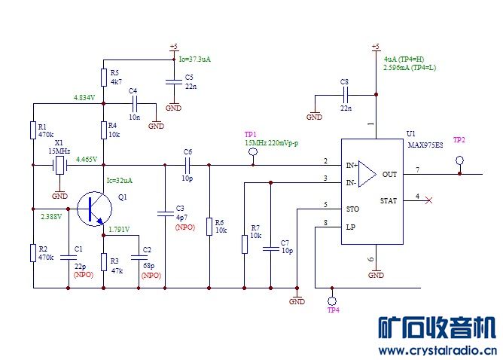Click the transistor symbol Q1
[93, 209]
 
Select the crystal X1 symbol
[59, 165]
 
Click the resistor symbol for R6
[209, 226]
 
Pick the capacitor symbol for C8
[345, 96]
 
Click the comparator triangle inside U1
[367, 174]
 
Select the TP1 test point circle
[253, 152]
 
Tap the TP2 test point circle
[459, 160]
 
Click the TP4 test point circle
[332, 300]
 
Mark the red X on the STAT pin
[429, 200]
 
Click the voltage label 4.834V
[84, 98]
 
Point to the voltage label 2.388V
[50, 216]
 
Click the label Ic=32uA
[119, 180]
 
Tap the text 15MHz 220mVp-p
[272, 142]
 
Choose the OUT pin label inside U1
[389, 174]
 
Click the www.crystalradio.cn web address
[437, 351]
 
